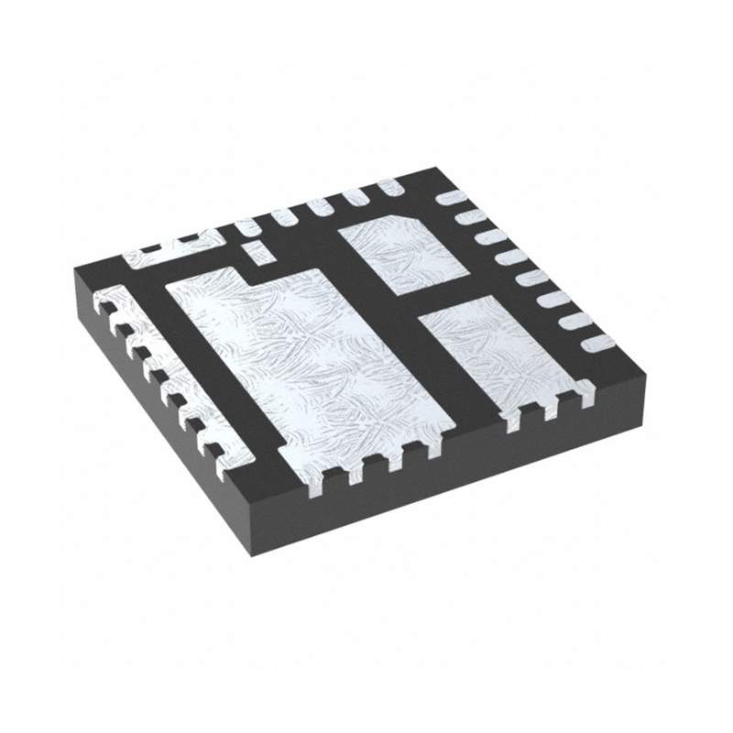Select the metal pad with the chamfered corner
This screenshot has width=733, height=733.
coord(403,252)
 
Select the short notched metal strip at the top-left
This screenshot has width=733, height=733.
coord(174,251)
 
